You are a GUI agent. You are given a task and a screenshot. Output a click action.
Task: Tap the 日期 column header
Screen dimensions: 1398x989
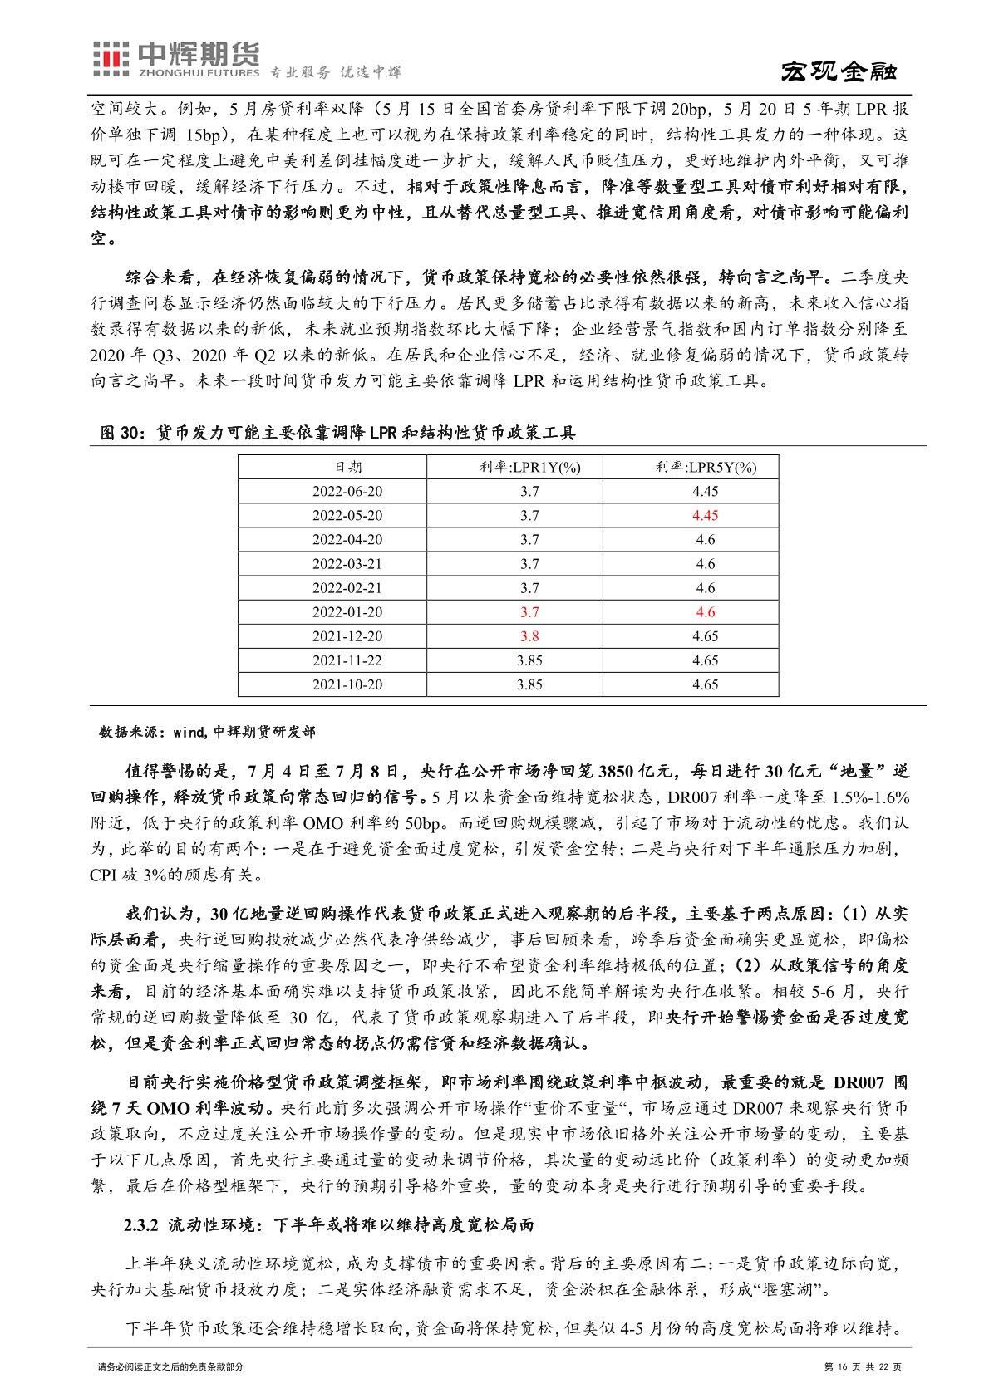tap(348, 467)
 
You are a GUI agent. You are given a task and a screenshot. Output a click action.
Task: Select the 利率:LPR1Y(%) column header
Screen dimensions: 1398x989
tap(529, 467)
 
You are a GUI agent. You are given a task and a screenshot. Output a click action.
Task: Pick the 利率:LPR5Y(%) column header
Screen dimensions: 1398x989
tap(705, 467)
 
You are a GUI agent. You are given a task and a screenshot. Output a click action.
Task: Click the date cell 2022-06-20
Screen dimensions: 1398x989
tap(348, 491)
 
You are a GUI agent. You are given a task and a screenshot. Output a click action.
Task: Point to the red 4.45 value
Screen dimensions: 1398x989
tap(705, 515)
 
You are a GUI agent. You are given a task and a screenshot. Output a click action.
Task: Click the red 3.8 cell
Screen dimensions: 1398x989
tap(529, 636)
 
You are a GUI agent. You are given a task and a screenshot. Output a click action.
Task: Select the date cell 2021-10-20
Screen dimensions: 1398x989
tap(348, 684)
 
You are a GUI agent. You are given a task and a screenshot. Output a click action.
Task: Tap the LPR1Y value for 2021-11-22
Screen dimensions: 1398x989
tap(529, 660)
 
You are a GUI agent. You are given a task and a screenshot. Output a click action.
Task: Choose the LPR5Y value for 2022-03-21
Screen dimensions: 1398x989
tap(705, 563)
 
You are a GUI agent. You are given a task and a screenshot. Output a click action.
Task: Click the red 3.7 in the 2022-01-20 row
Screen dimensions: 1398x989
tap(529, 612)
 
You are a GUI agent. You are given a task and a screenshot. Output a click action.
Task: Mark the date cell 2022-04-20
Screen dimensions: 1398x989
tap(348, 539)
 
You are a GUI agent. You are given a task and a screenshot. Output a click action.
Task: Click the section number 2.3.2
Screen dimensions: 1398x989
tap(141, 1225)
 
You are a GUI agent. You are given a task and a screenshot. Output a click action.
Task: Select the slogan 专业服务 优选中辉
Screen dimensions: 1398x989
tap(337, 72)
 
